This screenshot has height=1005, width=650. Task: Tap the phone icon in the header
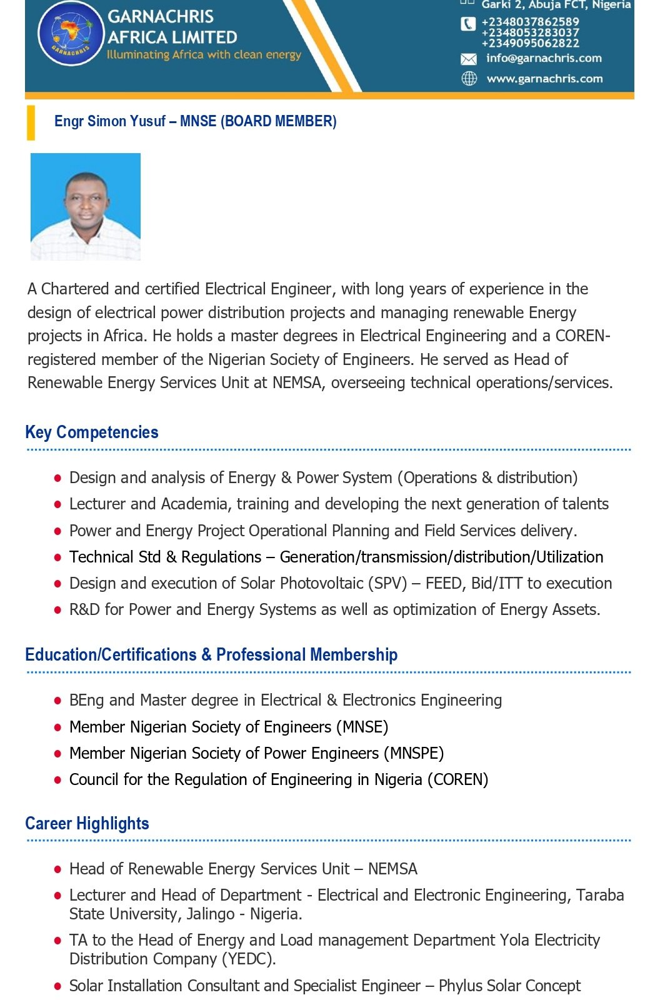(x=468, y=24)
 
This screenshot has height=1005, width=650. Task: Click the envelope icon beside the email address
(x=468, y=59)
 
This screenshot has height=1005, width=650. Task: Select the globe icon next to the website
(x=469, y=79)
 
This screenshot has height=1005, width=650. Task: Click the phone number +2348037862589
(x=530, y=22)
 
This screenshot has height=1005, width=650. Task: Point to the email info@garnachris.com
(x=544, y=58)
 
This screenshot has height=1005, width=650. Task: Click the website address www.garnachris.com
(x=544, y=79)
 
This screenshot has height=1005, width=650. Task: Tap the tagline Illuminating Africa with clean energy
(x=204, y=55)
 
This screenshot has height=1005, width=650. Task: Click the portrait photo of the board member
(x=86, y=206)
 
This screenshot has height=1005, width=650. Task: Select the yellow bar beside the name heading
(x=31, y=122)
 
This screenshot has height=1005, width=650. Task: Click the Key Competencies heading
(x=92, y=432)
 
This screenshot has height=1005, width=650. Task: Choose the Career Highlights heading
(x=87, y=824)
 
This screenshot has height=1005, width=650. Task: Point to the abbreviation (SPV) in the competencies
(x=387, y=584)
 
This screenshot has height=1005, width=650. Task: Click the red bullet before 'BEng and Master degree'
(x=57, y=701)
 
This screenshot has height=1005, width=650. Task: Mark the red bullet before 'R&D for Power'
(x=57, y=611)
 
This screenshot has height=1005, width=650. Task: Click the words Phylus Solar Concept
(x=509, y=986)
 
